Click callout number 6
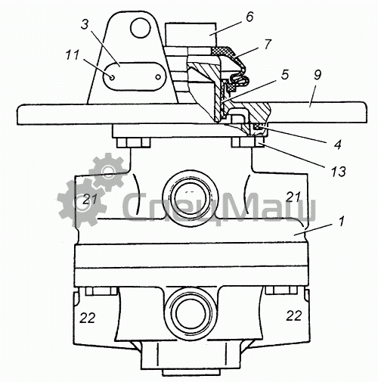pos(249,17)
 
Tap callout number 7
pos(268,45)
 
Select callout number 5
pos(284,75)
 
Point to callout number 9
pos(318,75)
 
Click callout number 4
pos(337,144)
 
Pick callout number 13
pos(339,172)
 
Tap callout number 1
pos(341,222)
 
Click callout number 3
pos(85,25)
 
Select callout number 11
pos(73,54)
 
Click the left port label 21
pos(90,200)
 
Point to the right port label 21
pos(293,197)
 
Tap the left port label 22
pos(88,318)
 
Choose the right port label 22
pos(294,315)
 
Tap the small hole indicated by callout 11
pos(112,77)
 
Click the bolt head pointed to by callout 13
pos(248,142)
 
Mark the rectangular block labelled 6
pos(191,35)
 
